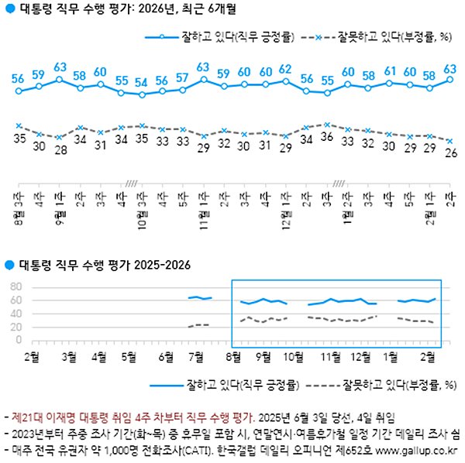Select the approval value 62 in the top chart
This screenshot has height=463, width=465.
point(284,69)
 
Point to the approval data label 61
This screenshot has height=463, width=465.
point(389,71)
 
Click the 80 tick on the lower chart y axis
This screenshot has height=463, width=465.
point(15,287)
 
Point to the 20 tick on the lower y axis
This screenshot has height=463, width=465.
point(15,328)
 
